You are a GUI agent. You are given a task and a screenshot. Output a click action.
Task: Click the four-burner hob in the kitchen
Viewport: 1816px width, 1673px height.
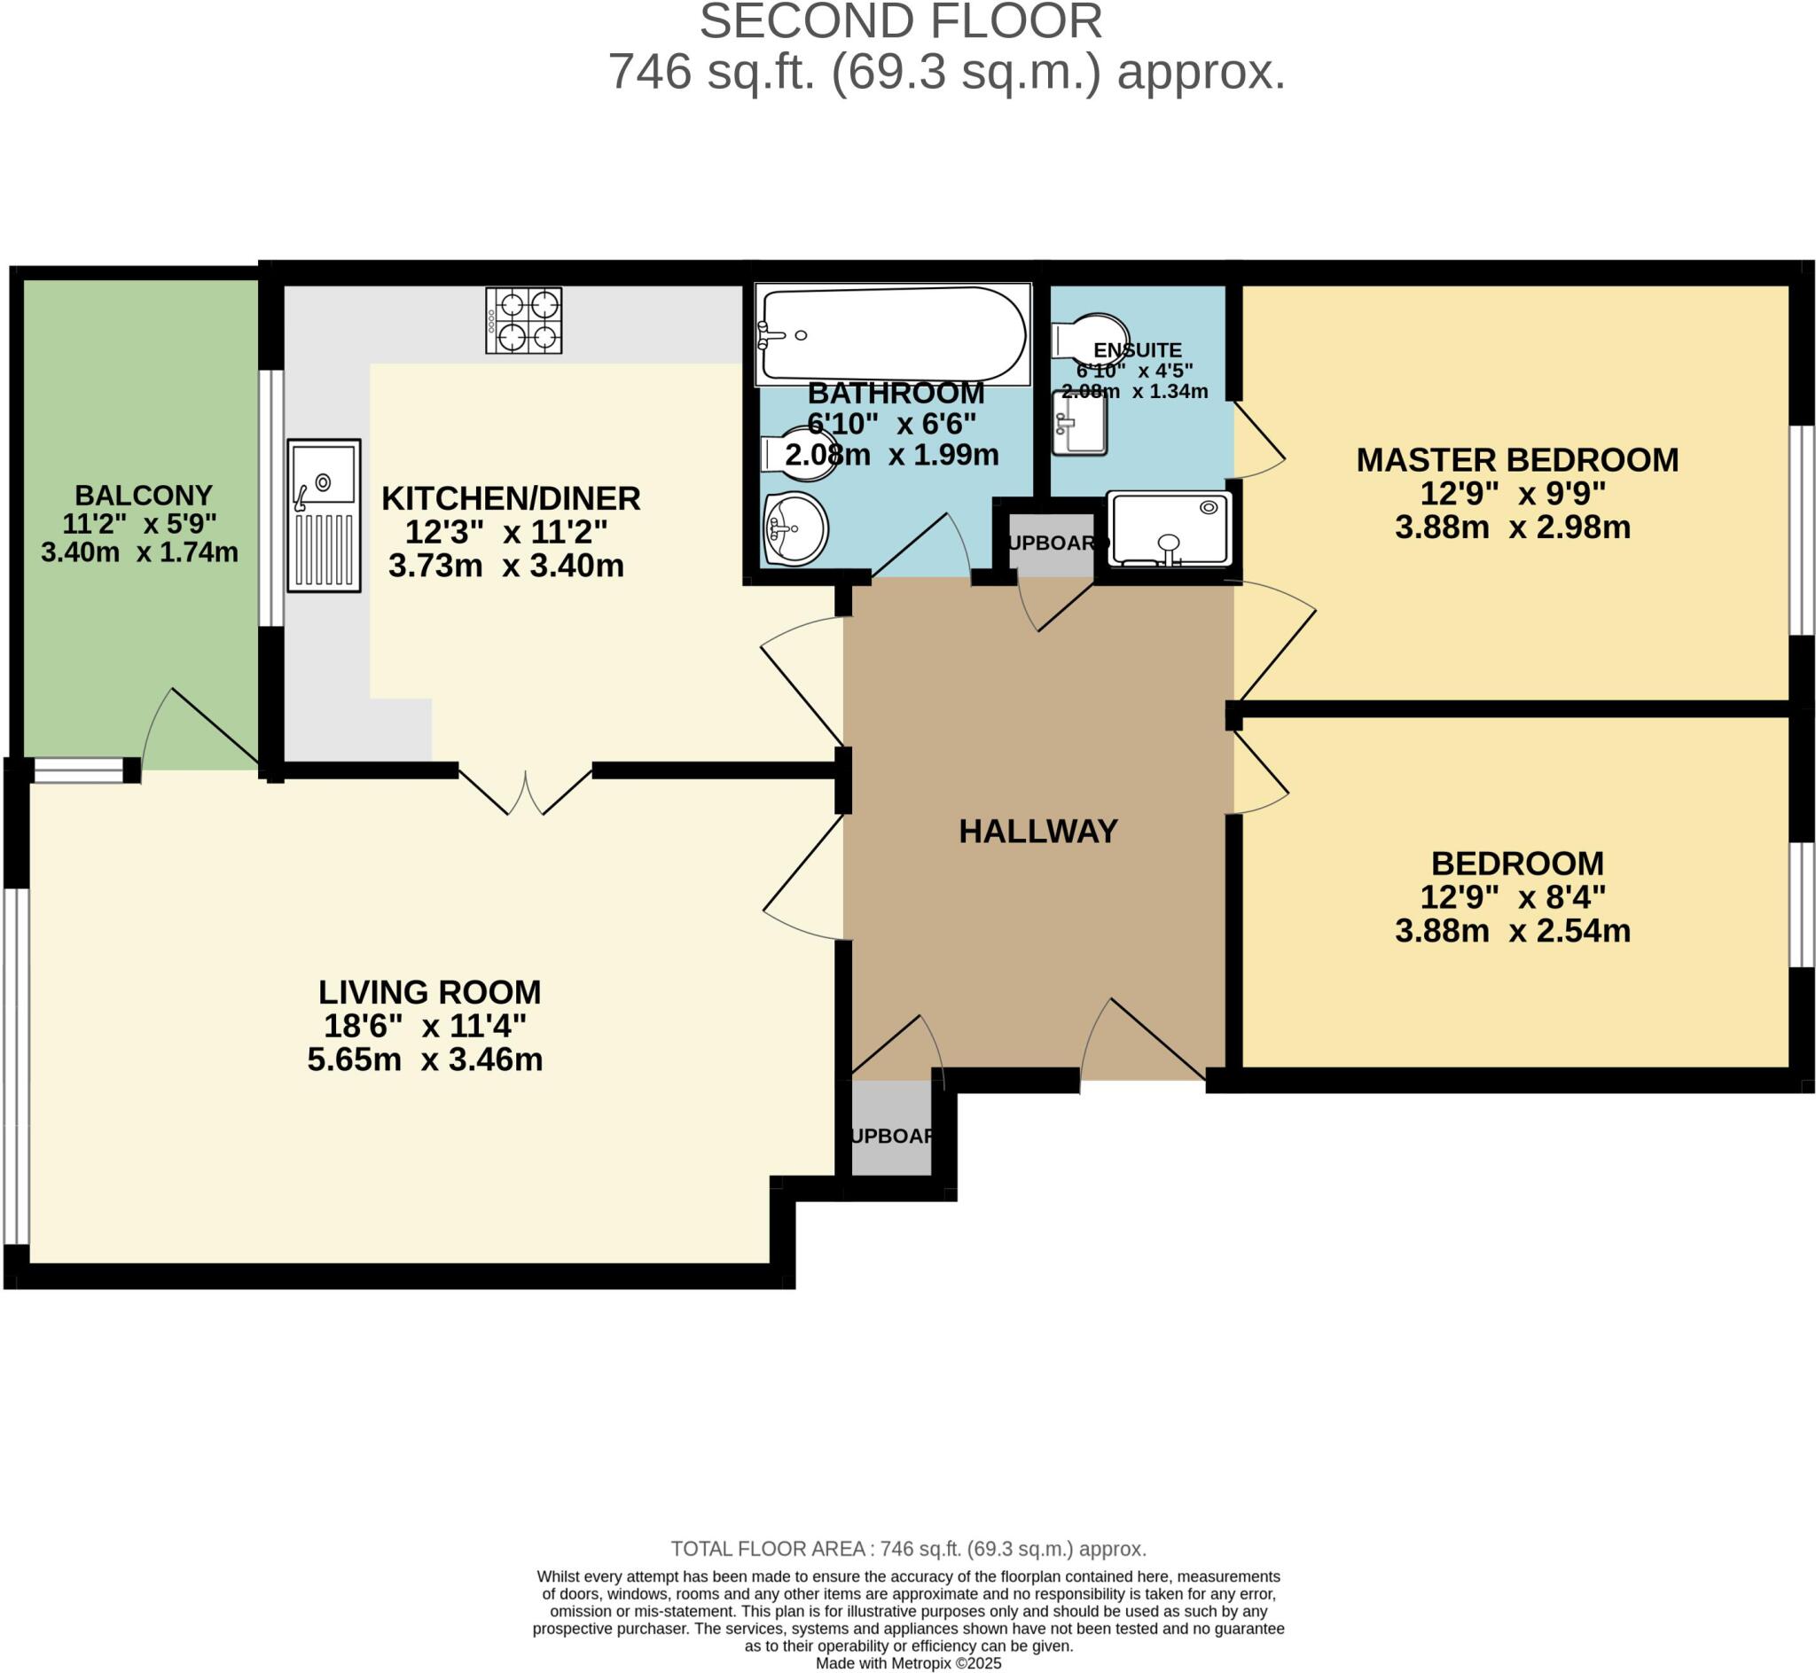(x=523, y=320)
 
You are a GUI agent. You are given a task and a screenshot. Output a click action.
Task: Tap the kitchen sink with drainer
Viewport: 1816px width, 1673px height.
(x=323, y=515)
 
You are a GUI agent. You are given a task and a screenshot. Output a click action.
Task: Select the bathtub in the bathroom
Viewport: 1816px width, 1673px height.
(x=893, y=333)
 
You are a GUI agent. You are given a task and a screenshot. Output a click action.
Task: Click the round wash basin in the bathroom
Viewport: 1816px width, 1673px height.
(x=795, y=528)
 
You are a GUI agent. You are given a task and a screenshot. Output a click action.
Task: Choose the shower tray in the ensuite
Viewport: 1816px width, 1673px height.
(x=1169, y=529)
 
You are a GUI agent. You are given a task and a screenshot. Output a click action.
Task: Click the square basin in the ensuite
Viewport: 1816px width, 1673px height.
(x=1079, y=423)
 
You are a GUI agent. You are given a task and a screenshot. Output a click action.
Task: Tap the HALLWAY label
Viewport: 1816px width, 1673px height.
(x=1037, y=831)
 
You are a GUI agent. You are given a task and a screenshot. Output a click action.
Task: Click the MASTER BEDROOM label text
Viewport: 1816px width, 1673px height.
(x=1516, y=460)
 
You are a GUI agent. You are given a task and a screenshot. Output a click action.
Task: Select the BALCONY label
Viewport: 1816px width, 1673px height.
(x=143, y=496)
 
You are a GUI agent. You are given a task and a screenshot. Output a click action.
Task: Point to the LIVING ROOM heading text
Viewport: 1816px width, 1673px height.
(x=429, y=992)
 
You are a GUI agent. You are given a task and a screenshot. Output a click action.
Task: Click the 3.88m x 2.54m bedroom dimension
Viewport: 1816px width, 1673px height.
(x=1512, y=931)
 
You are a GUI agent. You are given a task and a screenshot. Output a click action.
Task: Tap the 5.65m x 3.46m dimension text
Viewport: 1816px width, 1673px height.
(x=425, y=1059)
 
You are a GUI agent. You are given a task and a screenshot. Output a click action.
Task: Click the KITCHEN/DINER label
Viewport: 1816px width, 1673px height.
(x=511, y=498)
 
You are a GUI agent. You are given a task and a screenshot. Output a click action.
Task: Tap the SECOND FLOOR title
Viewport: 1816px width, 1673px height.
(x=900, y=22)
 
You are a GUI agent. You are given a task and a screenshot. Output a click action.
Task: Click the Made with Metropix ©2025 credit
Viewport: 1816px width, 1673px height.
(x=908, y=1663)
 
